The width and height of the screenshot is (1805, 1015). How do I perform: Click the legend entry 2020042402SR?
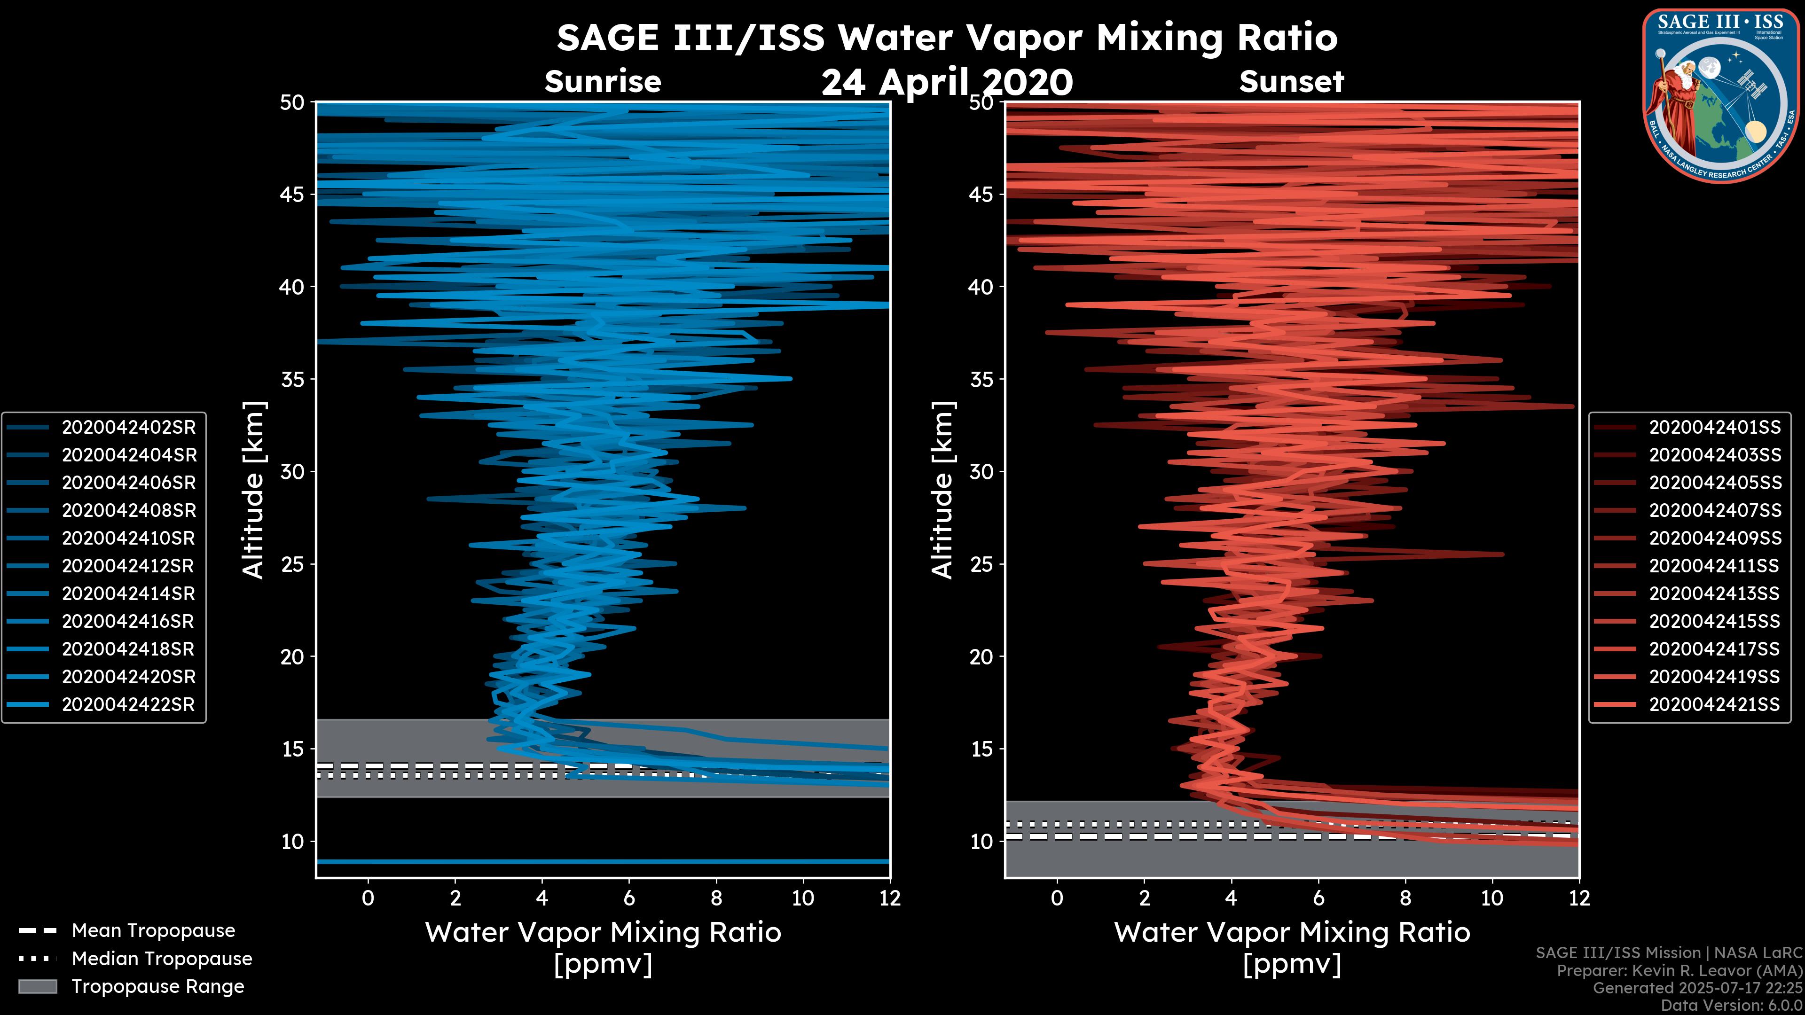coord(129,427)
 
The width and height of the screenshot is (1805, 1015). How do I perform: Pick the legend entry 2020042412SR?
coord(128,566)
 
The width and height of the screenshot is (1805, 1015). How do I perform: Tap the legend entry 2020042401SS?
coord(1715,427)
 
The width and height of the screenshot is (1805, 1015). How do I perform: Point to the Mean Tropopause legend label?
coord(153,931)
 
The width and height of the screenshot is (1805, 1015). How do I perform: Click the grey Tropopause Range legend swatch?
coord(37,987)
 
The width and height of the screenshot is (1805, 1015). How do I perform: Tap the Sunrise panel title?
coord(603,82)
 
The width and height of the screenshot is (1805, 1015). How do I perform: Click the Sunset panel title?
coord(1291,82)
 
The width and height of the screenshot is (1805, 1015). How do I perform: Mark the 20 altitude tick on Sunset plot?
coord(981,657)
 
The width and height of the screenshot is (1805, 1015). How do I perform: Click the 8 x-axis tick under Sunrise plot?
coord(716,898)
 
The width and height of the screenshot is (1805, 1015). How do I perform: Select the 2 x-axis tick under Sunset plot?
coord(1144,898)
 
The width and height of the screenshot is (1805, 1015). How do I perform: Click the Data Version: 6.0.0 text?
coord(1731,1005)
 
